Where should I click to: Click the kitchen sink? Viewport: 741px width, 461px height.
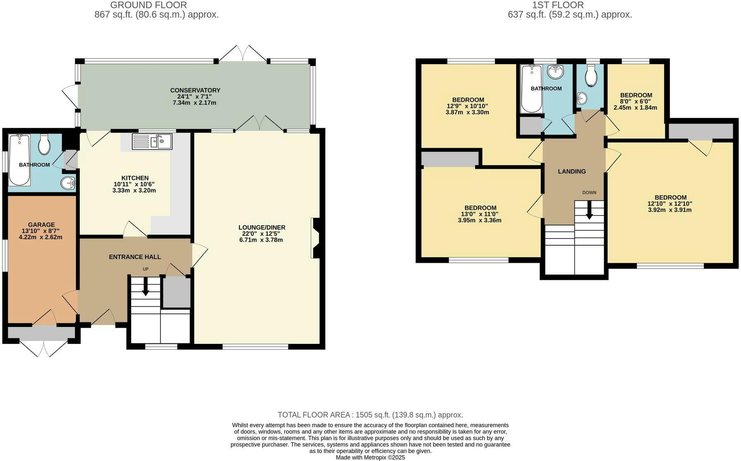point(152,142)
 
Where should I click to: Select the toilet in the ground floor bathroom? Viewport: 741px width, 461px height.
point(44,144)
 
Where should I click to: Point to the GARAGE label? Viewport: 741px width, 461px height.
point(41,225)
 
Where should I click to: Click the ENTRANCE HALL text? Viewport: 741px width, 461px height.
point(135,257)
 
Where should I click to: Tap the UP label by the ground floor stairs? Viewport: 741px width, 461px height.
point(146,269)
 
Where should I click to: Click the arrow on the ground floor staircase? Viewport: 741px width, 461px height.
point(146,286)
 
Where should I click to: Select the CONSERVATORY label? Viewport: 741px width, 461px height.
point(195,90)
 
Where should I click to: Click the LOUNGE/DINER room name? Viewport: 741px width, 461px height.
point(262,227)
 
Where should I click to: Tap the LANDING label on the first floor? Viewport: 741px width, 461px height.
point(572,171)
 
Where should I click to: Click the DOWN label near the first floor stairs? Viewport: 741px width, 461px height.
point(589,192)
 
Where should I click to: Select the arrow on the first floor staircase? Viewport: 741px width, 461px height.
point(589,210)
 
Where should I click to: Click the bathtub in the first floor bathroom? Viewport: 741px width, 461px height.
point(531,89)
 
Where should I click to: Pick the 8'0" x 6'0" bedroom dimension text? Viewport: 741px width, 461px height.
point(635,101)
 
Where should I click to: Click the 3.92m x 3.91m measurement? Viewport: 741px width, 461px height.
point(670,210)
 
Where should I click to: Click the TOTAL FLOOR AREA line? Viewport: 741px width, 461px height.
point(370,415)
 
